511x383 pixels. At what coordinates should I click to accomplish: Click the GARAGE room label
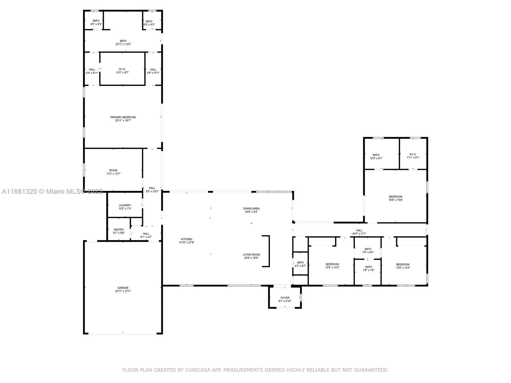pyautogui.click(x=123, y=288)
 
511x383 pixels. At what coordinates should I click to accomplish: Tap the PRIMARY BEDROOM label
pyautogui.click(x=123, y=117)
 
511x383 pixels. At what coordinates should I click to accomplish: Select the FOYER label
pyautogui.click(x=285, y=298)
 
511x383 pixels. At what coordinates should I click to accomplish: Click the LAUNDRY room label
pyautogui.click(x=125, y=205)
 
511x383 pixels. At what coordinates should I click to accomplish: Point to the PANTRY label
pyautogui.click(x=119, y=229)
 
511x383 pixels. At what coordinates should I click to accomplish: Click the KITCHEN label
pyautogui.click(x=187, y=239)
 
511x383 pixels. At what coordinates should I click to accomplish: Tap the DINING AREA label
pyautogui.click(x=251, y=208)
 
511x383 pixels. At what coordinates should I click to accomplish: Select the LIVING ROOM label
pyautogui.click(x=251, y=255)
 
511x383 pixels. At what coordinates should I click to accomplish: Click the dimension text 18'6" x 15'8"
pyautogui.click(x=395, y=200)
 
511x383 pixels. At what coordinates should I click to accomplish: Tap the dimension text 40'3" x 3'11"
pyautogui.click(x=359, y=234)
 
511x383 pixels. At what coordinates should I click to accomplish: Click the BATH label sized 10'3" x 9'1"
pyautogui.click(x=376, y=155)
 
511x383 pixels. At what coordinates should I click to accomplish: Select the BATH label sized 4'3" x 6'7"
pyautogui.click(x=300, y=263)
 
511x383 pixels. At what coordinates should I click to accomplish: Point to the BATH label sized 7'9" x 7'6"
pyautogui.click(x=369, y=267)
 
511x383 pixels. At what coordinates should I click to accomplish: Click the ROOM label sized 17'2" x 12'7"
pyautogui.click(x=113, y=170)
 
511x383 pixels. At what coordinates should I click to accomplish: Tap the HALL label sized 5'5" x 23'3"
pyautogui.click(x=152, y=188)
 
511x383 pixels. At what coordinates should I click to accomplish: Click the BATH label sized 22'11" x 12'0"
pyautogui.click(x=123, y=41)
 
